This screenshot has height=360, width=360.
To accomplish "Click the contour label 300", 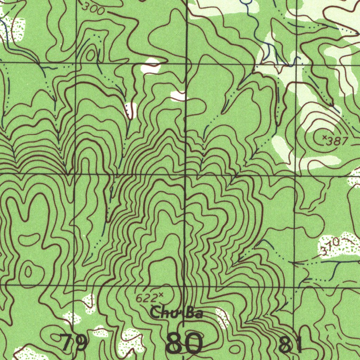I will [94, 9].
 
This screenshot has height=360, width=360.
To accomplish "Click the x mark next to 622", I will [161, 295].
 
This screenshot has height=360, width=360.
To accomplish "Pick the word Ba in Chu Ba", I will [194, 313].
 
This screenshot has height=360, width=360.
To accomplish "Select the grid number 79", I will [73, 343].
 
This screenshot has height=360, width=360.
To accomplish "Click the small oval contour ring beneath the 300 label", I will [90, 55].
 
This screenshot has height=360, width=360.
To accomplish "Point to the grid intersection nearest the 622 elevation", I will [185, 286].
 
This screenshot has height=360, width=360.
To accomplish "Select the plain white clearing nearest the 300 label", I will [151, 66].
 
